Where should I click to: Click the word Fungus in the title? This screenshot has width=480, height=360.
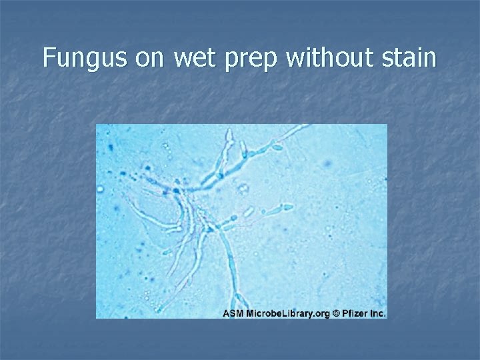(x=85, y=58)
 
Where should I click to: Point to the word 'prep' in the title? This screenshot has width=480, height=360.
(x=253, y=60)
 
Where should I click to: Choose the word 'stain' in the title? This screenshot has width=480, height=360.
(x=409, y=58)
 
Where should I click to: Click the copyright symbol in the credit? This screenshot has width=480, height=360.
(x=337, y=313)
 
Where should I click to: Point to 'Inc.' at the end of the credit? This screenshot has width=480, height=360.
(x=377, y=313)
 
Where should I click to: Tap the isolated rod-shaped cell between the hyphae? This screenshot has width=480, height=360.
(x=247, y=213)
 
